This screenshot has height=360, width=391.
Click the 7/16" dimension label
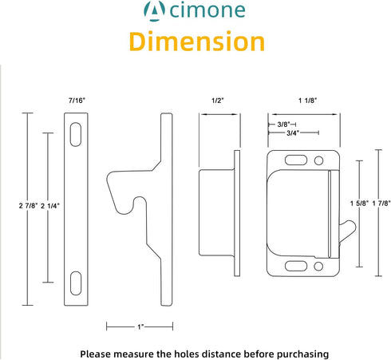point(77,101)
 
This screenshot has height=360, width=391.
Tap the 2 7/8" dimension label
point(28,206)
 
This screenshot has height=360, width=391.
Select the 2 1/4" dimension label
point(50,206)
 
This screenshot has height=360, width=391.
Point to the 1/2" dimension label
point(218,101)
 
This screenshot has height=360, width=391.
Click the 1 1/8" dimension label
point(308,101)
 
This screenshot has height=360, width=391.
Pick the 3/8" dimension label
point(283,125)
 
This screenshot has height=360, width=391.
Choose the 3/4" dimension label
point(293,133)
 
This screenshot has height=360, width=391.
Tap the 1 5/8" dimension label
point(359,204)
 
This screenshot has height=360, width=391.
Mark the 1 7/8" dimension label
point(381,204)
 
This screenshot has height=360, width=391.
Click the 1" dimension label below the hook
point(140,326)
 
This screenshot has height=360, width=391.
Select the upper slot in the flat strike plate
point(76,134)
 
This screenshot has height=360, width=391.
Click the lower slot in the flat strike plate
point(76,283)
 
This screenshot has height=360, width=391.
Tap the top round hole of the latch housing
point(318,160)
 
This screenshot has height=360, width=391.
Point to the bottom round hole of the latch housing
point(318,266)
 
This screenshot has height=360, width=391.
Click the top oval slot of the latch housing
point(296,160)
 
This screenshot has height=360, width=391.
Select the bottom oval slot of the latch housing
point(296,266)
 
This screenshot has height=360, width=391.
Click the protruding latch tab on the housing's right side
point(348,231)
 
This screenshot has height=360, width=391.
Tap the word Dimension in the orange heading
point(197,42)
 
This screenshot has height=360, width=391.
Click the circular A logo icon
point(154,11)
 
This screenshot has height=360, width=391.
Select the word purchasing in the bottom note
point(303,354)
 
